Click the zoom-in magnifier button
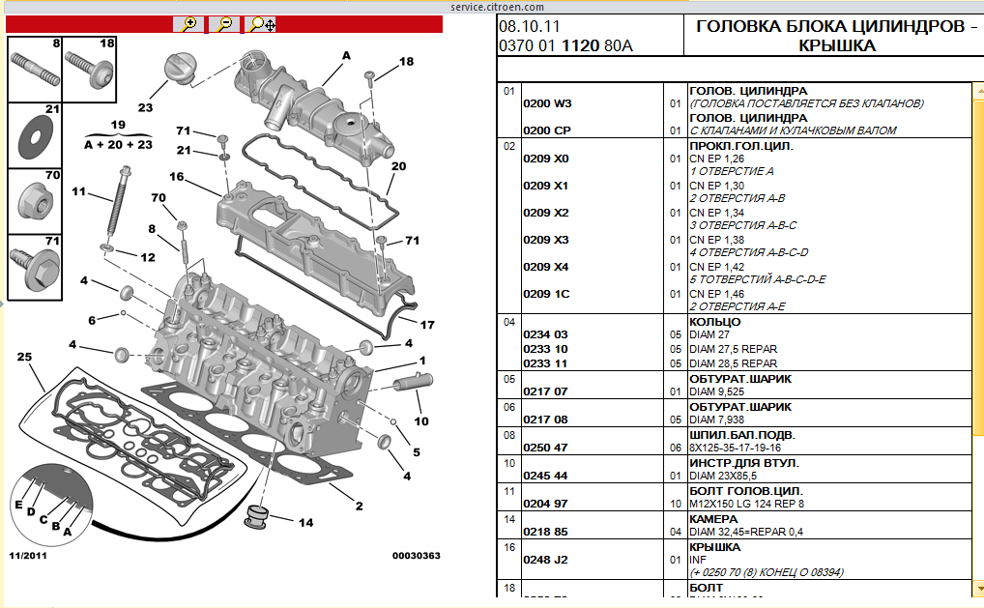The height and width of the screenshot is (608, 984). point(189,24)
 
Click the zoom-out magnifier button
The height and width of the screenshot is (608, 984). point(224,24)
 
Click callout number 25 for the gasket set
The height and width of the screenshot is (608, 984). point(25,358)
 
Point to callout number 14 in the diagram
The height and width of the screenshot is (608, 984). point(305,523)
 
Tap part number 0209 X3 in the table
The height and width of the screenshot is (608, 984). point(546,240)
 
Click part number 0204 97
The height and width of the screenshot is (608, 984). point(545,504)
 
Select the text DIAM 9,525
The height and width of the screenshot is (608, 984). point(721,392)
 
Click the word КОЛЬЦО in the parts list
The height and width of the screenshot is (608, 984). point(715,322)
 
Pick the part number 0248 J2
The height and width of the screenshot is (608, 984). point(545,559)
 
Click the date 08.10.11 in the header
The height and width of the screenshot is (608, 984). point(529,26)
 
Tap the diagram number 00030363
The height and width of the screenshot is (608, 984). point(417,556)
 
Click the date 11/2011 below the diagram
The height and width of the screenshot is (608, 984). point(28,556)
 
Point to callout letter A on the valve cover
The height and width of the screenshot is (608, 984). point(346,55)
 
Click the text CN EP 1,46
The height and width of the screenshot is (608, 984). point(716,294)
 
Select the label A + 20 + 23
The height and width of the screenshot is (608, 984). point(118,145)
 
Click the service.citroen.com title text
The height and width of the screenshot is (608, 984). point(491,6)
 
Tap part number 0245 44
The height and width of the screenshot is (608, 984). point(545,476)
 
